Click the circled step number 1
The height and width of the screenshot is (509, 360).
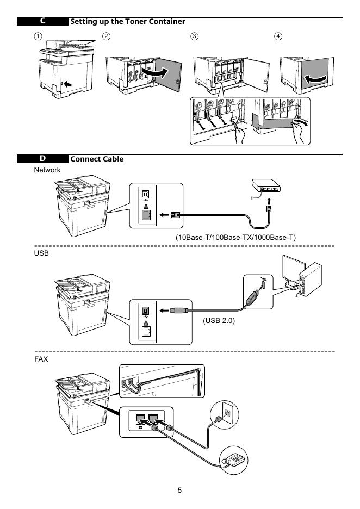coord(38,36)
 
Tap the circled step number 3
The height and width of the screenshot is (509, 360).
coord(194,36)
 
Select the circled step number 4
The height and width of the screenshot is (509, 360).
coord(278,36)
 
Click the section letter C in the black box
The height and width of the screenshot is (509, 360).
coord(43,21)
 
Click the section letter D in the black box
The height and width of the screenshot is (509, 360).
coord(43,158)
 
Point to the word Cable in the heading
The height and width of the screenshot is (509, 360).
coord(113,159)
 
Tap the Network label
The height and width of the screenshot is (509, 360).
coord(47,170)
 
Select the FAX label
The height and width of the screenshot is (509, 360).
coord(41,359)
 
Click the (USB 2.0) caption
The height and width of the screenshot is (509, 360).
coord(219,320)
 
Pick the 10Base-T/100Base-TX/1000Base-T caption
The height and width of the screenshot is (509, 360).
coord(235,237)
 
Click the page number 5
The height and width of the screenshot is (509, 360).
coord(179,490)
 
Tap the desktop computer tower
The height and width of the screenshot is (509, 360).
coord(310,280)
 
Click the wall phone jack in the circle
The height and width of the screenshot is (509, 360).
coord(227,413)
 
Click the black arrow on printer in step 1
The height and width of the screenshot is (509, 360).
coord(68,84)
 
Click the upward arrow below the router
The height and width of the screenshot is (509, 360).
coord(269,201)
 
